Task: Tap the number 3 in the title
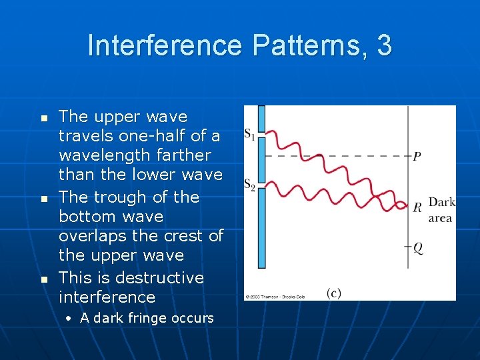pyautogui.click(x=384, y=45)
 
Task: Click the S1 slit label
pyautogui.click(x=249, y=135)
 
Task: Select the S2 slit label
pyautogui.click(x=249, y=185)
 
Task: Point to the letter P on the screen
pyautogui.click(x=417, y=157)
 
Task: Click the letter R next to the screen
pyautogui.click(x=417, y=207)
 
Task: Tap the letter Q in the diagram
pyautogui.click(x=418, y=247)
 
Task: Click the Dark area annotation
pyautogui.click(x=441, y=210)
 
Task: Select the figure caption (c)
pyautogui.click(x=334, y=293)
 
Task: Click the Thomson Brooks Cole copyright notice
pyautogui.click(x=273, y=296)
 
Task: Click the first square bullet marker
pyautogui.click(x=45, y=117)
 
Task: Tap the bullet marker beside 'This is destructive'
pyautogui.click(x=45, y=278)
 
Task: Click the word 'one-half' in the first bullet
pyautogui.click(x=140, y=136)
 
